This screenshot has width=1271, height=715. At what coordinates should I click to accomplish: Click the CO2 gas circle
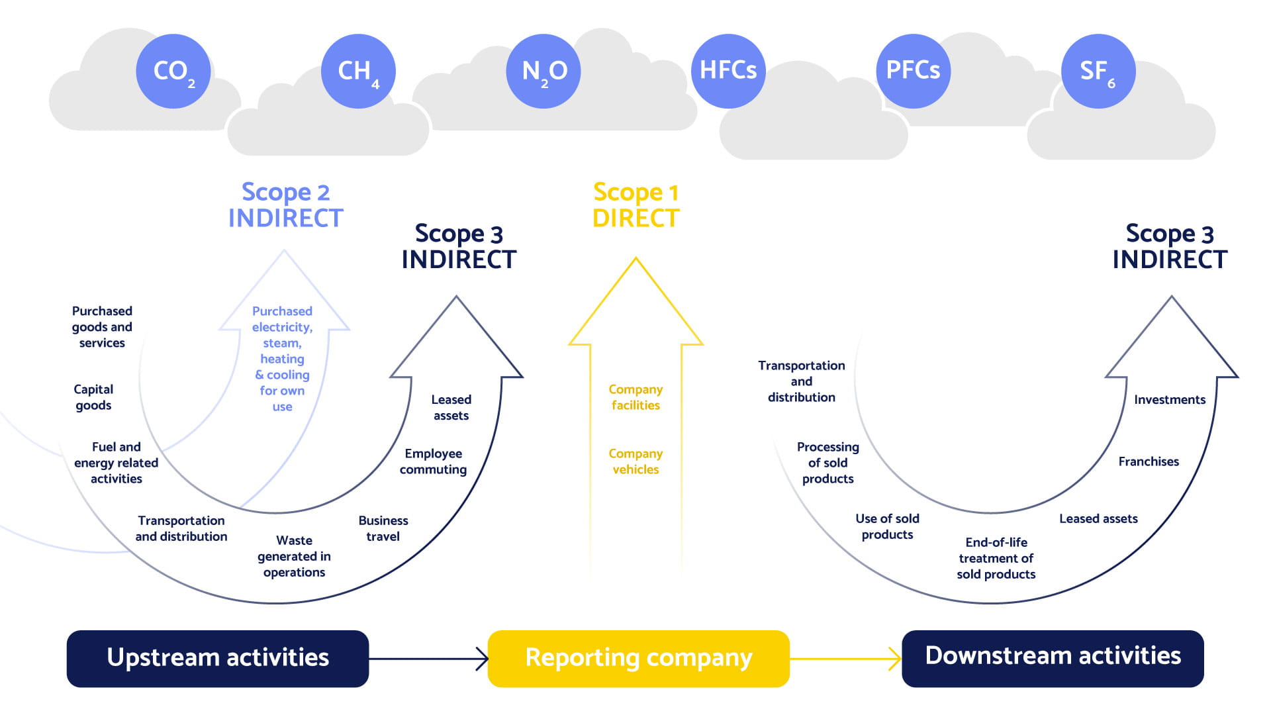coord(173,71)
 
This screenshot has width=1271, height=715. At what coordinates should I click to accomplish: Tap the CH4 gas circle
coord(358,71)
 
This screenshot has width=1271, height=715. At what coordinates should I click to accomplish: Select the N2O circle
coord(543,71)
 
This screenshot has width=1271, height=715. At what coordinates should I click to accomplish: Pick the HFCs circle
coord(728,71)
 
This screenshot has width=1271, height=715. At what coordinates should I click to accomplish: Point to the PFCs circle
coord(913,71)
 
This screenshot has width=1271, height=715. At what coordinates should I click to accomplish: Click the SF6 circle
coord(1098,71)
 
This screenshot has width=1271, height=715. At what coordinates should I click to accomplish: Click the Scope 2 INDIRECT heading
coord(285,205)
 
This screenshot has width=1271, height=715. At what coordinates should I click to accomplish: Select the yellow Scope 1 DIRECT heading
coord(635,205)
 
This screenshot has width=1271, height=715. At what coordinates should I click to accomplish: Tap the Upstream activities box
coord(218,658)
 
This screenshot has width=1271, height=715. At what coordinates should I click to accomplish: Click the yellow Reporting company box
coord(638,658)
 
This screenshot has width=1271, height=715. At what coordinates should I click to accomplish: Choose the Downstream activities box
coord(1053,658)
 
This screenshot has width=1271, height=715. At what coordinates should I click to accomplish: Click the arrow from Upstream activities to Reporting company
coord(428,659)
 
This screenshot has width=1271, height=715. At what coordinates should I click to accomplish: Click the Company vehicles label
coord(635,461)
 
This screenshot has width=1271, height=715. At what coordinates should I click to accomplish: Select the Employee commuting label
coord(433,461)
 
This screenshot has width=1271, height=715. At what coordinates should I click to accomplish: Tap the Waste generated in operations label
coord(294,556)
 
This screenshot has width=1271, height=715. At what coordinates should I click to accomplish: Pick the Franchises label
coord(1149,461)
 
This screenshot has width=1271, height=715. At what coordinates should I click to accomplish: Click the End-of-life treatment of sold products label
coord(996,558)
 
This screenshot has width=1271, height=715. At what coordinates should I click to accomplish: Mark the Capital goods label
coord(93,397)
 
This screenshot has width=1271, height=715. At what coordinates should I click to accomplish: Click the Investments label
coord(1170,400)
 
